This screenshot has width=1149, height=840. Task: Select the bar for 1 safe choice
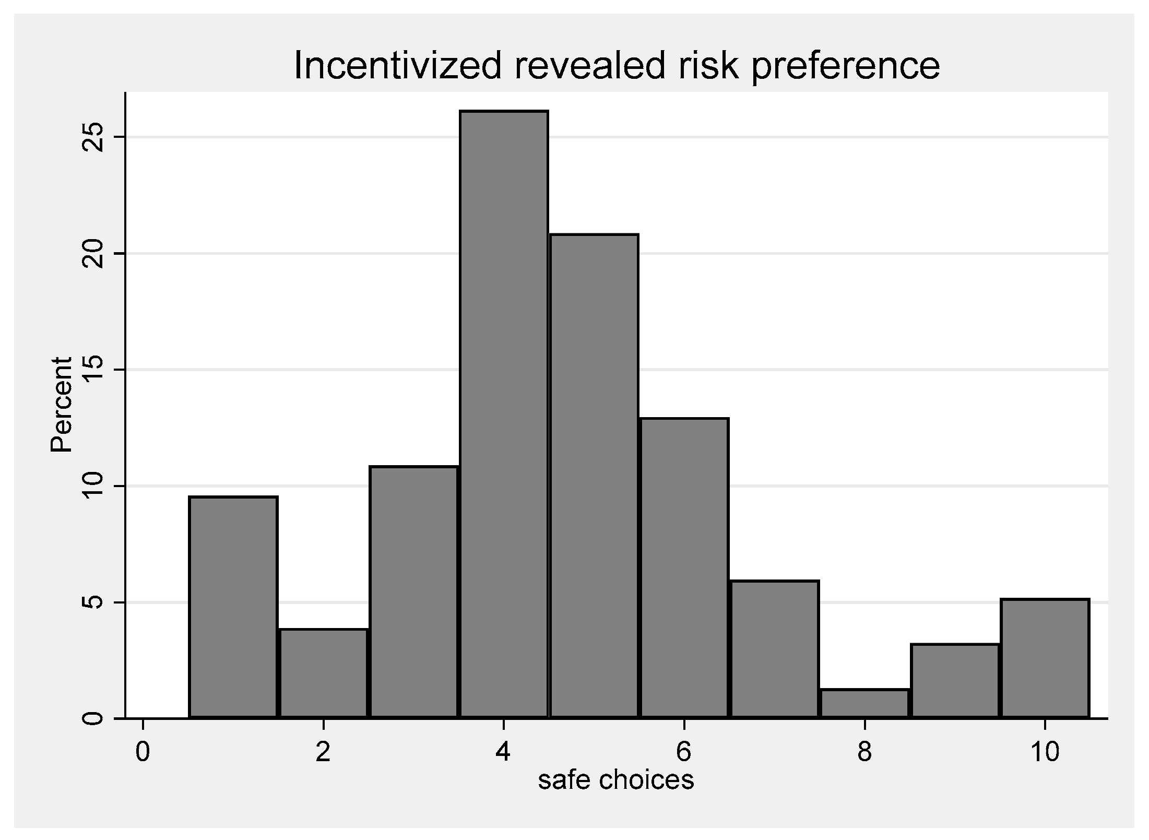[x=233, y=607]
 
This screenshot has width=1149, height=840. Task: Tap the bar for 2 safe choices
[x=324, y=673]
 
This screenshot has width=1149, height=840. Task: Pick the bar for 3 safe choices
[x=414, y=591]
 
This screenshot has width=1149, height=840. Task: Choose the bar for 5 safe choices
[x=594, y=476]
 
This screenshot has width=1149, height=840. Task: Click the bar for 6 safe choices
[x=684, y=567]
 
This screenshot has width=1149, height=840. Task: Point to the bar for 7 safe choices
[x=775, y=649]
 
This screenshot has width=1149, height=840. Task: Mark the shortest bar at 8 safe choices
[x=865, y=703]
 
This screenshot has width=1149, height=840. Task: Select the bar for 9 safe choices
[x=955, y=681]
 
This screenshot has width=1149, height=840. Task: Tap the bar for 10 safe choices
[x=1045, y=658]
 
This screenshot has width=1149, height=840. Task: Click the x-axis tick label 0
[x=143, y=752]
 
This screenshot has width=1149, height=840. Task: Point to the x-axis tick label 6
[x=684, y=752]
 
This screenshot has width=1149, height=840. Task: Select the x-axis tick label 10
[x=1045, y=752]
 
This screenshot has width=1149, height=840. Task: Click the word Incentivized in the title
[x=397, y=66]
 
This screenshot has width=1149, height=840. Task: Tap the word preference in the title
[x=845, y=66]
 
